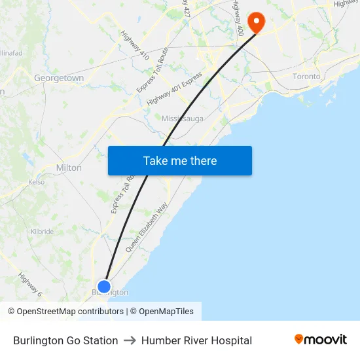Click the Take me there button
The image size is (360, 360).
[180, 161]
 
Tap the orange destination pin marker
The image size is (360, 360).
[256, 22]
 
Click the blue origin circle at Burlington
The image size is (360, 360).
[104, 286]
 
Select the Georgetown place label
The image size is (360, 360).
[59, 78]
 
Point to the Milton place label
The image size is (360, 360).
[69, 168]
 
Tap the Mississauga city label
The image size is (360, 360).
[183, 118]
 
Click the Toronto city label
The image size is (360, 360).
[306, 77]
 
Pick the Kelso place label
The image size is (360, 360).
[37, 182]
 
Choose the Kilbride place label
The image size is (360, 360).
[42, 232]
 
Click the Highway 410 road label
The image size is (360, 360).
[135, 45]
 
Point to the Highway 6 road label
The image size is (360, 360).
[30, 285]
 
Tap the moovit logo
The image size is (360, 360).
[321, 340]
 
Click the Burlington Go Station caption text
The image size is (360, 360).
[65, 340]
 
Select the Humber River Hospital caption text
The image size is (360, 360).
[196, 340]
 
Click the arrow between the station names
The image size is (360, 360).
[130, 340]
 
